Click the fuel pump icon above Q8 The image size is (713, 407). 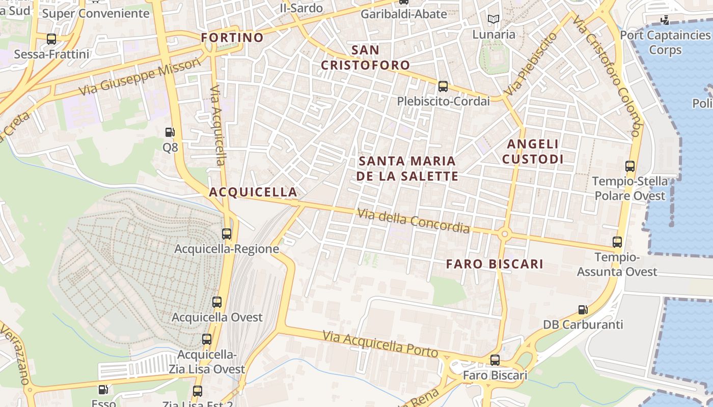[x=170, y=132]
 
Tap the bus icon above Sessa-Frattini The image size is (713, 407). [x=51, y=39]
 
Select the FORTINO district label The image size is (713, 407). [x=232, y=38]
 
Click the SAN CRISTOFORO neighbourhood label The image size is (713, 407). [x=365, y=57]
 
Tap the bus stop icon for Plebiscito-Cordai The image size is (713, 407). [x=443, y=86]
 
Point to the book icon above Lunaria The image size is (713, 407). [x=493, y=20]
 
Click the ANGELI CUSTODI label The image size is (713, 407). [x=533, y=152]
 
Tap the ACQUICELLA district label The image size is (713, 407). [x=253, y=192]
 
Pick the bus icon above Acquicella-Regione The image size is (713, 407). [x=227, y=234]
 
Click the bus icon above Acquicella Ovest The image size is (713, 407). [x=217, y=302]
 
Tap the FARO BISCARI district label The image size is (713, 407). [x=495, y=264]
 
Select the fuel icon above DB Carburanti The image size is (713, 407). [x=583, y=309]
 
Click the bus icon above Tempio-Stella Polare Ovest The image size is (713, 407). [x=630, y=166]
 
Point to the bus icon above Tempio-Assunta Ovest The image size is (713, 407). [x=617, y=242]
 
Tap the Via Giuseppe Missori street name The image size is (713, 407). [x=141, y=77]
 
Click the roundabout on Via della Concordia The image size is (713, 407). [x=505, y=234]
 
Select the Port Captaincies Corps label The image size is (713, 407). [x=665, y=42]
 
